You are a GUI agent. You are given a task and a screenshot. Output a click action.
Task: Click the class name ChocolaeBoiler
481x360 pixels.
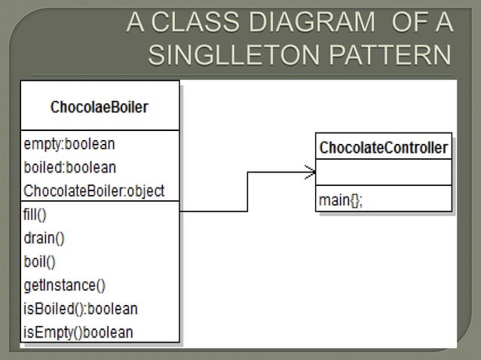[99, 107]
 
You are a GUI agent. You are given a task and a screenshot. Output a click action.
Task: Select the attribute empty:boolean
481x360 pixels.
[69, 142]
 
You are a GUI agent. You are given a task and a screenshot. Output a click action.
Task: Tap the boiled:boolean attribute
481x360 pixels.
[70, 166]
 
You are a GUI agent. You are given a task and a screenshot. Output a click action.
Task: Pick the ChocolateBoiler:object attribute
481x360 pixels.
[94, 191]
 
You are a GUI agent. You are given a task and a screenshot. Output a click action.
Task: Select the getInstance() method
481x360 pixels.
[65, 285]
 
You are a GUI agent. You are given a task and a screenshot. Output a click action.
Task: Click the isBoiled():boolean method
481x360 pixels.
[81, 308]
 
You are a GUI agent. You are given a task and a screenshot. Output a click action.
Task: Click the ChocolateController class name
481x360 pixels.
[384, 147]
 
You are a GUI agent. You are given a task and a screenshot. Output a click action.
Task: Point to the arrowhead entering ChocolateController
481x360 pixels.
[309, 172]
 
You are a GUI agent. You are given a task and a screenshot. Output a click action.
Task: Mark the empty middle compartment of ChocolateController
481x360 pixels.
[384, 172]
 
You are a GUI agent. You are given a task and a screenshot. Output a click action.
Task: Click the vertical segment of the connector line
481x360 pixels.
[248, 192]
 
